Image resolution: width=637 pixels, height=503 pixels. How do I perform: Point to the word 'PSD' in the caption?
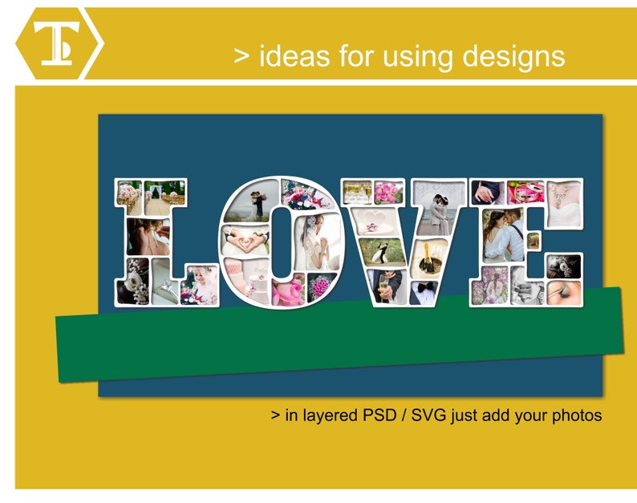[382, 416]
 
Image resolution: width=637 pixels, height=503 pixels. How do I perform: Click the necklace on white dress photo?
[565, 192]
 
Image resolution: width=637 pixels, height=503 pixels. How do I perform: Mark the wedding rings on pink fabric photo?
[526, 192]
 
